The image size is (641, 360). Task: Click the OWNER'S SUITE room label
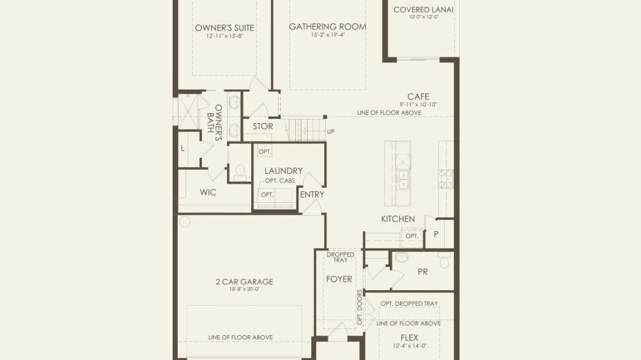225,28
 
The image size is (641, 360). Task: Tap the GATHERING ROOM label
327,27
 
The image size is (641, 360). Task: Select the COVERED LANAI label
423,9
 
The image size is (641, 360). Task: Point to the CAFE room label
418,97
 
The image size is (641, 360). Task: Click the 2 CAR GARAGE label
244,281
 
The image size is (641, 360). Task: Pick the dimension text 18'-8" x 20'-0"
244,290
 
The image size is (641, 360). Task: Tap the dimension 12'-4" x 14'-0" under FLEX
409,346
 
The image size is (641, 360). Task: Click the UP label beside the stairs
331,132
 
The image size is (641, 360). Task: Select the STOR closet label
263,127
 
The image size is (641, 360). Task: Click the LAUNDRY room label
284,170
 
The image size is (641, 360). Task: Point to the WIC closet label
208,192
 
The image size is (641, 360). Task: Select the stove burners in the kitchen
446,179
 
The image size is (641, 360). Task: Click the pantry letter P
436,235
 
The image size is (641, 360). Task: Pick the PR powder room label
423,272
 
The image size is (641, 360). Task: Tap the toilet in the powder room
444,260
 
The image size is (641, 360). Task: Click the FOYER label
339,279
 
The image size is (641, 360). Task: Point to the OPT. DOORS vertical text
360,307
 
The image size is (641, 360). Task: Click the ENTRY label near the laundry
312,195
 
